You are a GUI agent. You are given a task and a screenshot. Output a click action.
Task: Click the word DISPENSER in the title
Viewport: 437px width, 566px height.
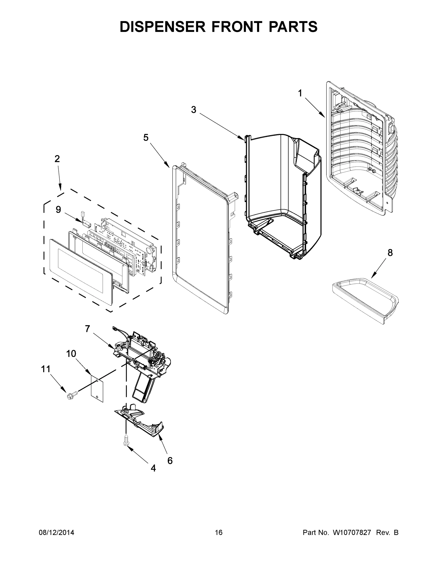coord(162,27)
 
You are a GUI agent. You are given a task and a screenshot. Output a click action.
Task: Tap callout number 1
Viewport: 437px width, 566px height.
coord(300,93)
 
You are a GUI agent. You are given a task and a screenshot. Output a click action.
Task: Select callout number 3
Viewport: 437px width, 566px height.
coord(194,110)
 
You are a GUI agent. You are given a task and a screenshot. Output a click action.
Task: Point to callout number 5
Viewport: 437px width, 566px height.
coord(146,138)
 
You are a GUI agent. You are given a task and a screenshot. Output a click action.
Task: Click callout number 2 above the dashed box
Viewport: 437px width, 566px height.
coord(57,159)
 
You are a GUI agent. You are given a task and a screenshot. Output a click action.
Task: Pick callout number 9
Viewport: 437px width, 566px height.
coord(58,209)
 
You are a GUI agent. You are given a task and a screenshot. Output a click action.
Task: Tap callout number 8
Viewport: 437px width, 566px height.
coord(390,252)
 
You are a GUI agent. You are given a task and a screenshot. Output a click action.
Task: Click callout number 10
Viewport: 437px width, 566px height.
coord(71,354)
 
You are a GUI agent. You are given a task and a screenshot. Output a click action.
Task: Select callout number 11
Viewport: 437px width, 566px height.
coord(46,369)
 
